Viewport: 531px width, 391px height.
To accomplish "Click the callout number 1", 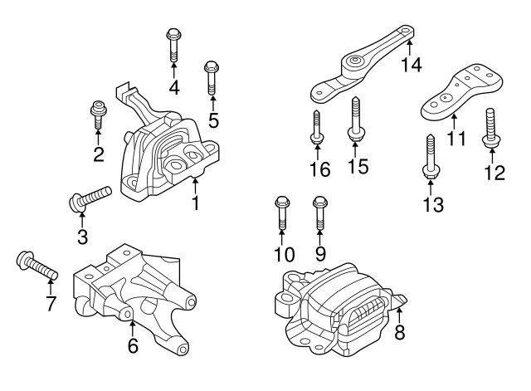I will click(x=196, y=202).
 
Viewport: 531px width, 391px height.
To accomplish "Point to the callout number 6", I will click(x=132, y=347).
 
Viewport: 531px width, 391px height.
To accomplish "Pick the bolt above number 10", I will click(x=280, y=213).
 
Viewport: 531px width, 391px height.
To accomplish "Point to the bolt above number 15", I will click(x=354, y=116).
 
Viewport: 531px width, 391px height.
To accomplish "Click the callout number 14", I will click(x=412, y=63).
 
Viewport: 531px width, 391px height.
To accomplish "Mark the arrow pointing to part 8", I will click(x=399, y=315).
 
